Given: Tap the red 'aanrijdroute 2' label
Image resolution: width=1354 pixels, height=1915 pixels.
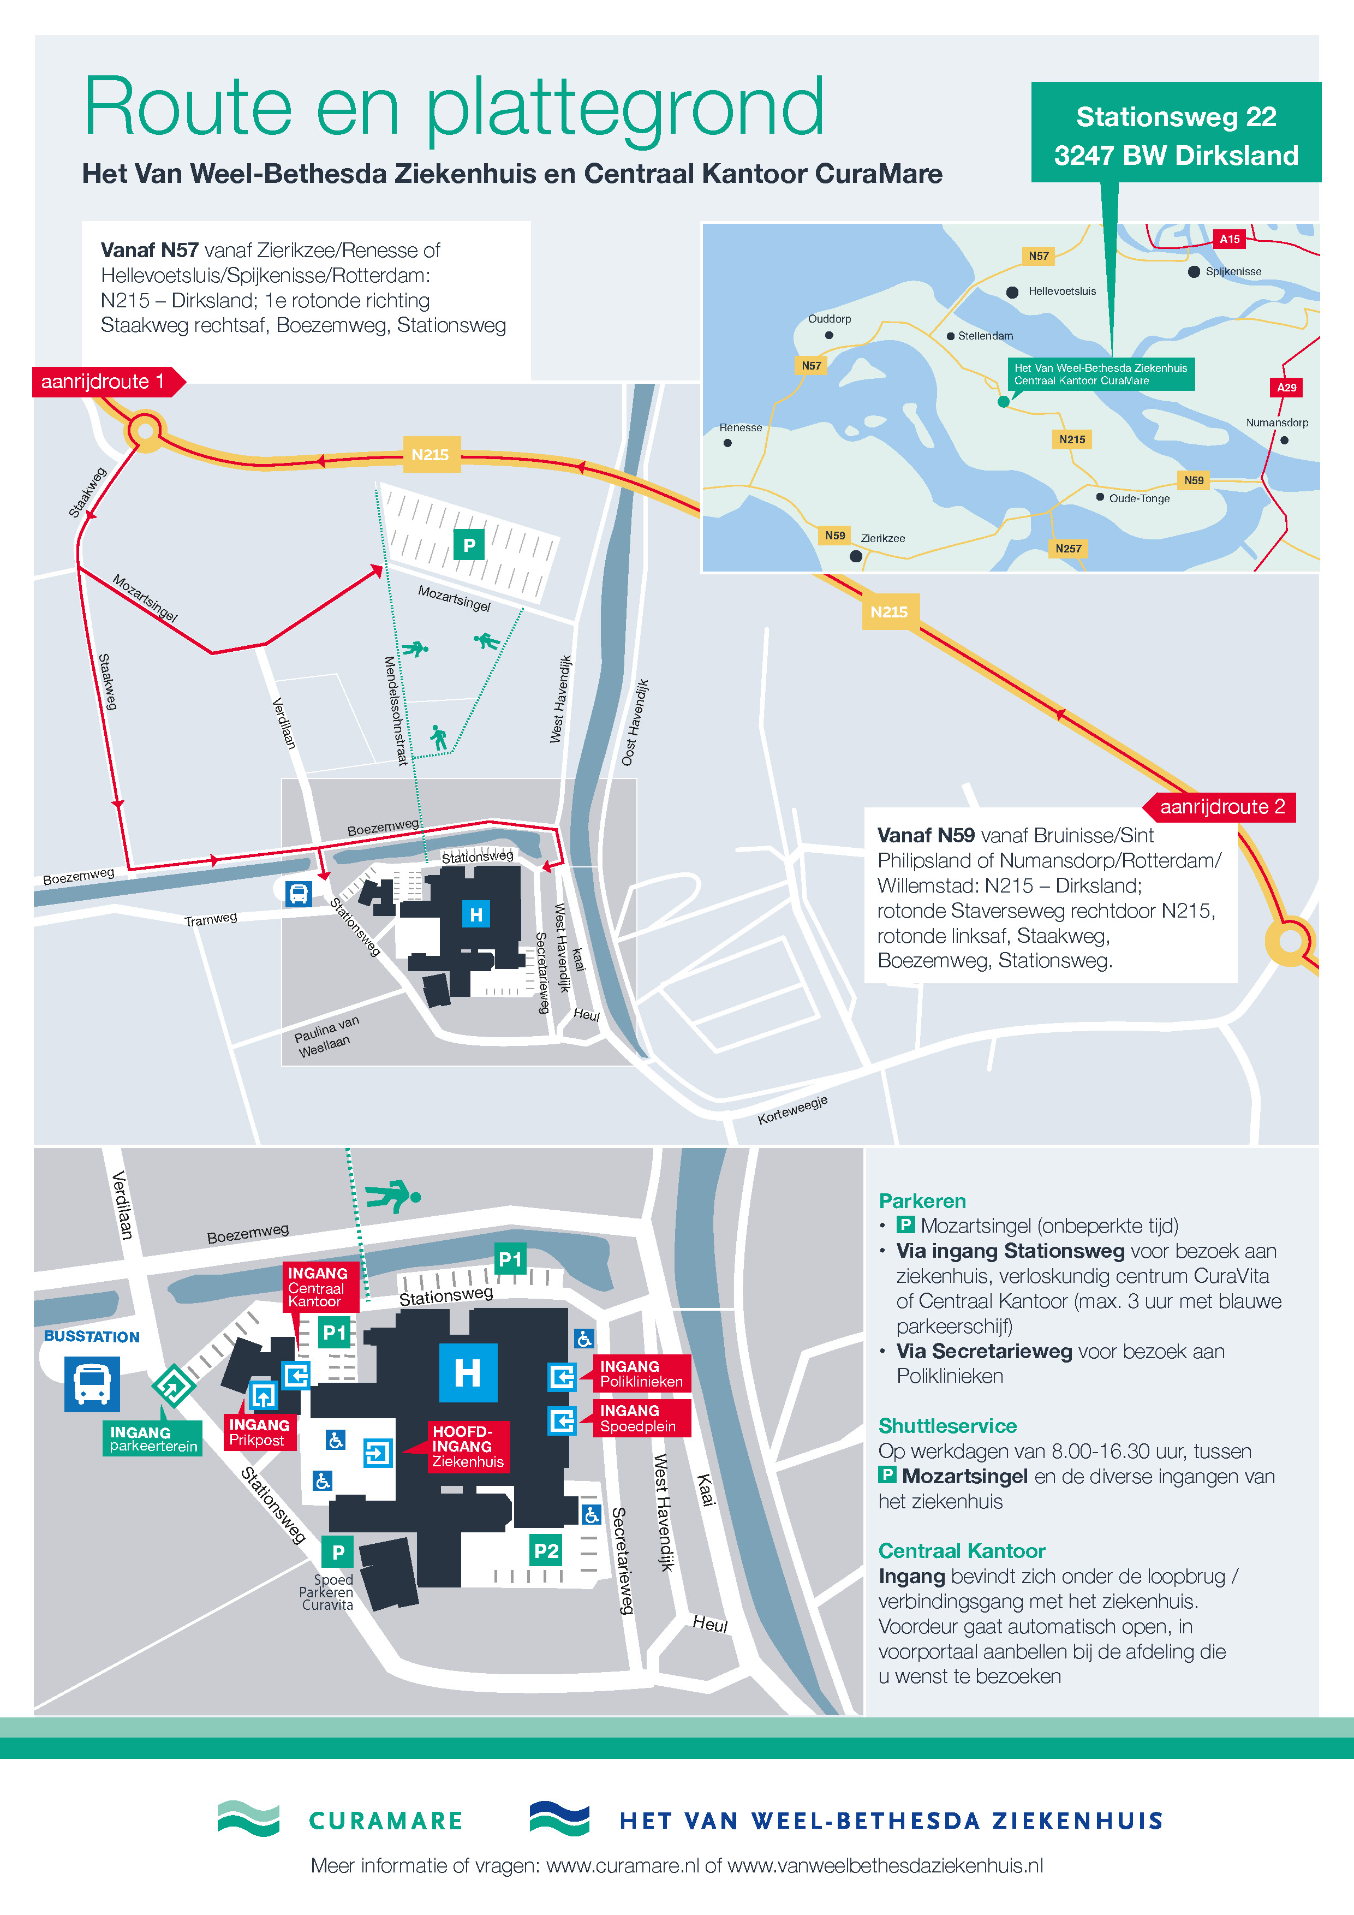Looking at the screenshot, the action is click(1219, 806).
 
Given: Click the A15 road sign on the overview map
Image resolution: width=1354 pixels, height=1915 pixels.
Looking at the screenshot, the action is click(1230, 239).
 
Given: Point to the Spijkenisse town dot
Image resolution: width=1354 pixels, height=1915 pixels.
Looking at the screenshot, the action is click(1194, 272).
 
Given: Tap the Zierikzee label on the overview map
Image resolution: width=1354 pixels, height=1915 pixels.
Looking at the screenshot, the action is click(883, 538).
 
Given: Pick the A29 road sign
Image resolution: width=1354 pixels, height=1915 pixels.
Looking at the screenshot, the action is click(1286, 387).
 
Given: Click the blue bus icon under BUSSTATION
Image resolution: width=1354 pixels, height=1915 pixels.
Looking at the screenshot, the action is click(92, 1384).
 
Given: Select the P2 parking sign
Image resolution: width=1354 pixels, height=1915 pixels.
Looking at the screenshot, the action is click(546, 1550).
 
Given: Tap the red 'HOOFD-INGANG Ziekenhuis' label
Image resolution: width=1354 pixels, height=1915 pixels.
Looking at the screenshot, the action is click(468, 1446).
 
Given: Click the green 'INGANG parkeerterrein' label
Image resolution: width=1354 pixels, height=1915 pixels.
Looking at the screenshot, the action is click(153, 1439).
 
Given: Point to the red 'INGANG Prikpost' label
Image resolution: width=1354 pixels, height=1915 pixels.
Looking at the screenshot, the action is click(259, 1432).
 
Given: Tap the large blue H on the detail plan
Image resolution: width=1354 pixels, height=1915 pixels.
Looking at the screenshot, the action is click(469, 1372).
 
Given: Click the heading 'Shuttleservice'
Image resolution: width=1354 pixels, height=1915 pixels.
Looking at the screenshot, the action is click(947, 1425).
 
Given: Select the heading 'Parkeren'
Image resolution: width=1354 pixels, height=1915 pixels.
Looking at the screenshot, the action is click(922, 1200).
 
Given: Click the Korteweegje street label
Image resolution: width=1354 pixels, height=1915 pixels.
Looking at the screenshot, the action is click(792, 1110).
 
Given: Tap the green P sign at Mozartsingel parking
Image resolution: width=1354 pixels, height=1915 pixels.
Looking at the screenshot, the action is click(469, 545).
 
